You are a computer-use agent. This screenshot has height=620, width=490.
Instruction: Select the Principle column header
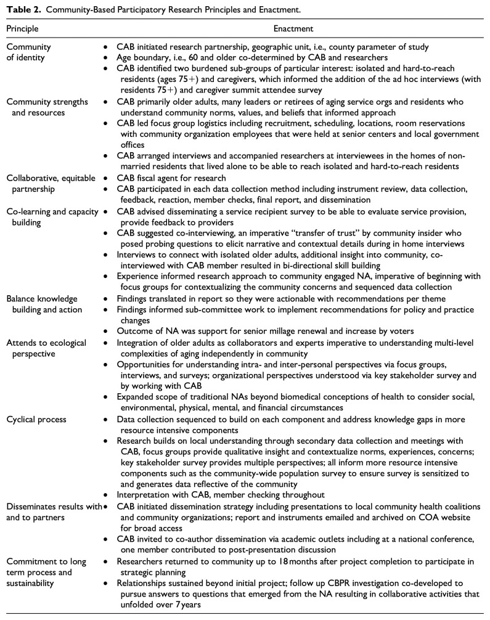tap(23, 28)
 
